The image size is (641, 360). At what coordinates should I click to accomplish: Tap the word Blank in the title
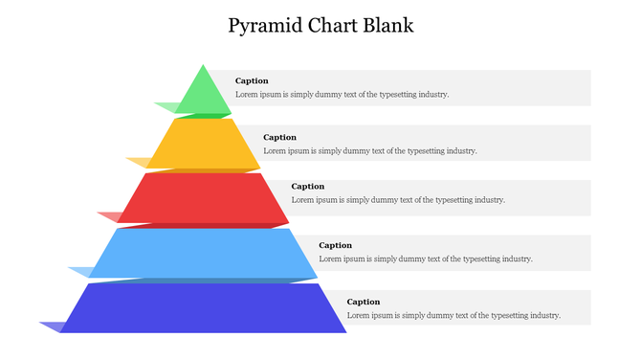click(x=388, y=25)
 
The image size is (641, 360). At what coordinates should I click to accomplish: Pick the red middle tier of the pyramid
click(x=203, y=198)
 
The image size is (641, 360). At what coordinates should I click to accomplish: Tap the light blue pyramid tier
click(x=203, y=252)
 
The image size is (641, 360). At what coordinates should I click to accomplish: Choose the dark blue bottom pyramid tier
click(x=203, y=307)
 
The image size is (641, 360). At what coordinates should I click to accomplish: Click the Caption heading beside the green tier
click(x=252, y=81)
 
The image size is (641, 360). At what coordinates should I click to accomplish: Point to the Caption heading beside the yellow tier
click(x=279, y=137)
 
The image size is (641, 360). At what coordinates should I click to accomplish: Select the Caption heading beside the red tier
click(x=308, y=187)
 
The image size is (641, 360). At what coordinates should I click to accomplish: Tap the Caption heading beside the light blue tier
click(x=335, y=245)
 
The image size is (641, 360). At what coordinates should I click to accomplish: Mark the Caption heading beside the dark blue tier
click(x=364, y=302)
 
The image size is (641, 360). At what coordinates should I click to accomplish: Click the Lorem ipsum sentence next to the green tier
click(x=342, y=95)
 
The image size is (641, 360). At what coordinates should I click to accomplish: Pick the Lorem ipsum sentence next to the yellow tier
click(x=369, y=150)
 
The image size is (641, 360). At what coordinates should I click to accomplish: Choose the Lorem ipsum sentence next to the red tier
click(x=398, y=200)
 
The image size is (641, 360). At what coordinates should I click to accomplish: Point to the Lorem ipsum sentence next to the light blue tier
click(x=425, y=259)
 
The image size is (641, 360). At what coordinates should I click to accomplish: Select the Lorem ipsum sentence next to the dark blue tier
click(x=453, y=315)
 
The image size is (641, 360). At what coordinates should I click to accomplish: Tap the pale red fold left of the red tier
click(x=111, y=216)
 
